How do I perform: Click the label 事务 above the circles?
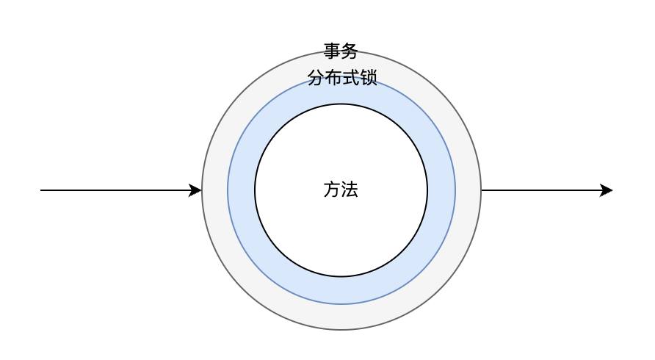click(341, 51)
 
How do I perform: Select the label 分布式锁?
click(341, 78)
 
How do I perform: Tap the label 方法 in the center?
click(341, 190)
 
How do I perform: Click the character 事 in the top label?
click(332, 51)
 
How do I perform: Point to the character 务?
click(350, 51)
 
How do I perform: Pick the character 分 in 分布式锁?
click(315, 78)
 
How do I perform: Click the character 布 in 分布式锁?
click(333, 78)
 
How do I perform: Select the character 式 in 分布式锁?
click(350, 78)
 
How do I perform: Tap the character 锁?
click(368, 78)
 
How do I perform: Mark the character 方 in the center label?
click(332, 190)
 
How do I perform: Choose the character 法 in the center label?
click(350, 190)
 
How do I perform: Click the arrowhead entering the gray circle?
click(196, 190)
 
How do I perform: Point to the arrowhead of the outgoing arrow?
click(607, 190)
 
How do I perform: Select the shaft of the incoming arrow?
click(117, 190)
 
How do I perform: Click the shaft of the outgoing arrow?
click(543, 190)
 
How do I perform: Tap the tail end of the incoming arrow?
click(42, 190)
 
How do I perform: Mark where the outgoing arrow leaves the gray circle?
click(482, 190)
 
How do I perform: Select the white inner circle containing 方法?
click(341, 235)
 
